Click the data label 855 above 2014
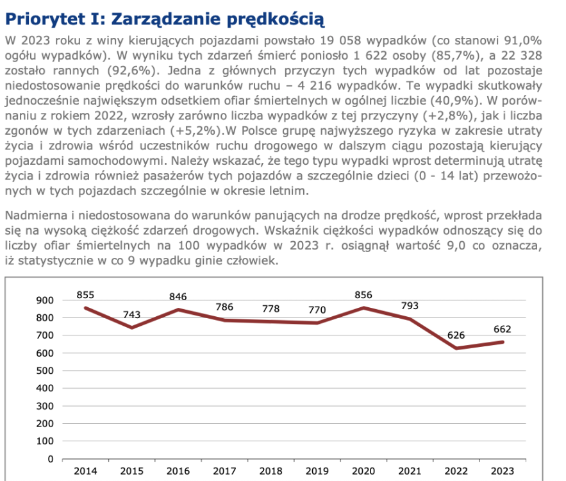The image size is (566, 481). point(85,295)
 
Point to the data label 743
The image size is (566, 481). point(131,315)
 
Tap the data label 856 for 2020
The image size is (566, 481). point(363,295)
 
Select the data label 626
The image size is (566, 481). point(456,335)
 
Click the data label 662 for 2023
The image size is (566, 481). point(502,329)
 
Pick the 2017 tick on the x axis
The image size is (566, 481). point(224,471)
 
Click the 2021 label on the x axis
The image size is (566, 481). point(410,471)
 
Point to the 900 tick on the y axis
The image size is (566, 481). point(46,300)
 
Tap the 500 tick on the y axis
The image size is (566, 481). point(46,371)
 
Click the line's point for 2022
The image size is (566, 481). point(456,348)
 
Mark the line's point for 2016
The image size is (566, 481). point(178,310)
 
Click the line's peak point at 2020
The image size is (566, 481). point(363,308)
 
